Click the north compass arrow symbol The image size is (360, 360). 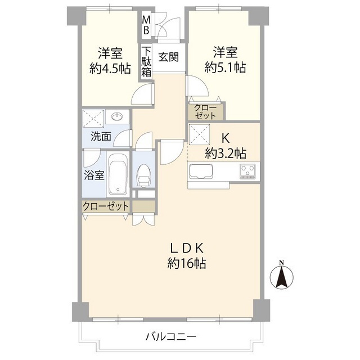tap(282, 277)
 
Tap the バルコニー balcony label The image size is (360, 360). tap(170, 337)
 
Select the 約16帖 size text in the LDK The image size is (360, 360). tap(186, 262)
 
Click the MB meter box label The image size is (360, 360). tap(146, 26)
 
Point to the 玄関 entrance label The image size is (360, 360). tap(169, 57)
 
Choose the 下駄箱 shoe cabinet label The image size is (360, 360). tap(146, 62)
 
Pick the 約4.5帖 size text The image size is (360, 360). tap(110, 69)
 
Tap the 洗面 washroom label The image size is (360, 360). tap(101, 136)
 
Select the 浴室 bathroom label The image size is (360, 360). tap(93, 174)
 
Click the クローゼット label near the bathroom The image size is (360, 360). tap(106, 206)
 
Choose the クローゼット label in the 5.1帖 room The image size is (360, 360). tap(205, 111)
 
